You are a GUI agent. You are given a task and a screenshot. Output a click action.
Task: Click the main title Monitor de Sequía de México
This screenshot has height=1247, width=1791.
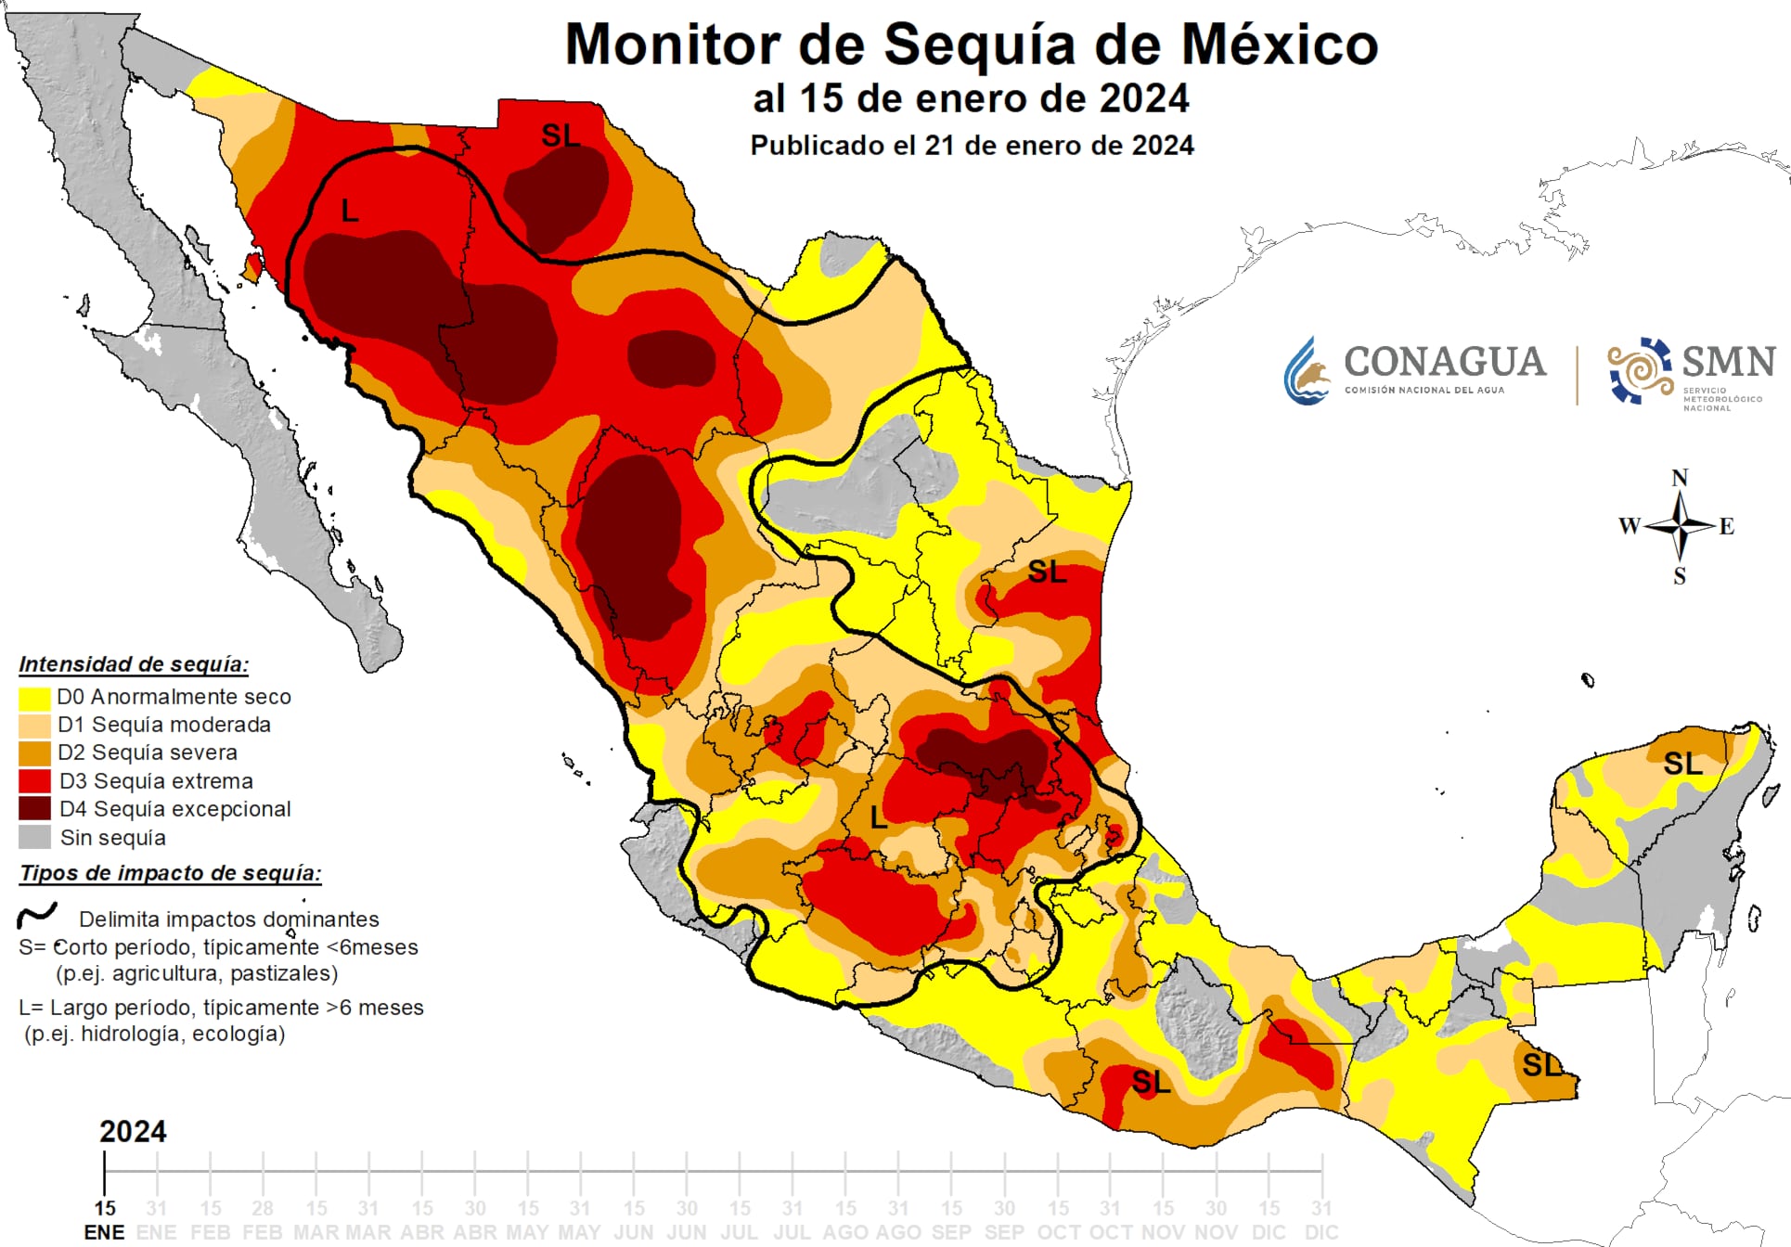click(971, 45)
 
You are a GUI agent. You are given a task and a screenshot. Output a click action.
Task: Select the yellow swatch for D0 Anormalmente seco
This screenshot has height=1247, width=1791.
click(34, 697)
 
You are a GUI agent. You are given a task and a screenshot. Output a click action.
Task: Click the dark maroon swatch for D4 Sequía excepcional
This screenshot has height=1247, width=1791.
click(34, 809)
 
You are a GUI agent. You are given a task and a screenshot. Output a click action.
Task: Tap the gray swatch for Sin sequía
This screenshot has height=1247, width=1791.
click(34, 837)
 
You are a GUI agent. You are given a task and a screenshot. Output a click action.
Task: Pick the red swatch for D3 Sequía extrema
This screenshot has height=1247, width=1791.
click(34, 781)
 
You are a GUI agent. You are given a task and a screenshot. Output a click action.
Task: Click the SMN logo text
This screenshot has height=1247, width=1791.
click(1728, 362)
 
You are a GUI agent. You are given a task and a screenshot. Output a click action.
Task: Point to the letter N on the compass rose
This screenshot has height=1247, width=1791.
click(1680, 478)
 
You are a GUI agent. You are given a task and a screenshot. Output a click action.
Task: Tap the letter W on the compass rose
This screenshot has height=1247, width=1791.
click(1629, 526)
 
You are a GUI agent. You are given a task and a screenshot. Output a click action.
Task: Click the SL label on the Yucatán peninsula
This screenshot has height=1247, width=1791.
click(1682, 764)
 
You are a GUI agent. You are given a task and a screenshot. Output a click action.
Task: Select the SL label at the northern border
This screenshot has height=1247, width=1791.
click(560, 135)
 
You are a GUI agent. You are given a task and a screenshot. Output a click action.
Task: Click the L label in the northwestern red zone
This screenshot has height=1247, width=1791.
click(350, 212)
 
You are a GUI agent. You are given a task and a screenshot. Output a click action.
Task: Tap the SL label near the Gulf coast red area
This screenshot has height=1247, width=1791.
click(1047, 572)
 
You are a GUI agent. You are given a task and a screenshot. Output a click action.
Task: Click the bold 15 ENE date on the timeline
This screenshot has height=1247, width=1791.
click(104, 1219)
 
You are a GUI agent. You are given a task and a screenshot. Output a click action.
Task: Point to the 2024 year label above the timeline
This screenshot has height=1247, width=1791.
click(133, 1131)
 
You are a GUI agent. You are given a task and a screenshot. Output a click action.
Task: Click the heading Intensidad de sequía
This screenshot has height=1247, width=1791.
click(134, 664)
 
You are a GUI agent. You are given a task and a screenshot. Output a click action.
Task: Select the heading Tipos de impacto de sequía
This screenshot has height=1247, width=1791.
click(170, 873)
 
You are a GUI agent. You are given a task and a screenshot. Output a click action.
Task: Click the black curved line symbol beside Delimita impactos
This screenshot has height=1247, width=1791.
click(37, 916)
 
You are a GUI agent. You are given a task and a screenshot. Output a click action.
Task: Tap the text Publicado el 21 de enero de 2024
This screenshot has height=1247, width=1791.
click(971, 146)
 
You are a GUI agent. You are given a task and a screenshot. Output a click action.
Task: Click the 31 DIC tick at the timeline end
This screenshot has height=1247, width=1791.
click(1321, 1219)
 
